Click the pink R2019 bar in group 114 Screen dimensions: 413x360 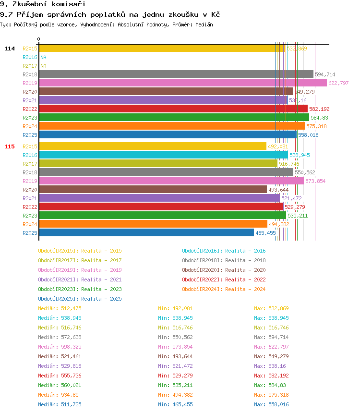tap(182, 83)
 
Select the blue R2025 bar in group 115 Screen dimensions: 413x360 tap(146, 232)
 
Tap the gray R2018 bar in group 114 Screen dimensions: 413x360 tap(176, 74)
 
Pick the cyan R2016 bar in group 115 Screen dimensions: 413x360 tap(163, 155)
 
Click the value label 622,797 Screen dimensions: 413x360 tap(338, 83)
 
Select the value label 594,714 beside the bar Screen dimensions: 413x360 tap(325, 74)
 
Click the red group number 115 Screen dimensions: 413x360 tap(10, 146)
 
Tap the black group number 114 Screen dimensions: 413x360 tap(10, 49)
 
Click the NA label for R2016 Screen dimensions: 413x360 tap(43, 57)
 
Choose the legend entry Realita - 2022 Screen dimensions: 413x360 tap(224, 279)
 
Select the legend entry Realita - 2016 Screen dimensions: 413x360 tap(224, 251)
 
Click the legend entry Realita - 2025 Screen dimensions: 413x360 tap(80, 299)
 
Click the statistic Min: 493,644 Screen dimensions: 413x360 tap(175, 356)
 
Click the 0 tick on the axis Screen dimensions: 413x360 tap(38, 39)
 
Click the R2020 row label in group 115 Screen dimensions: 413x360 tap(30, 190)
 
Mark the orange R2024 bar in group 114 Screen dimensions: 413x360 tap(171, 126)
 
